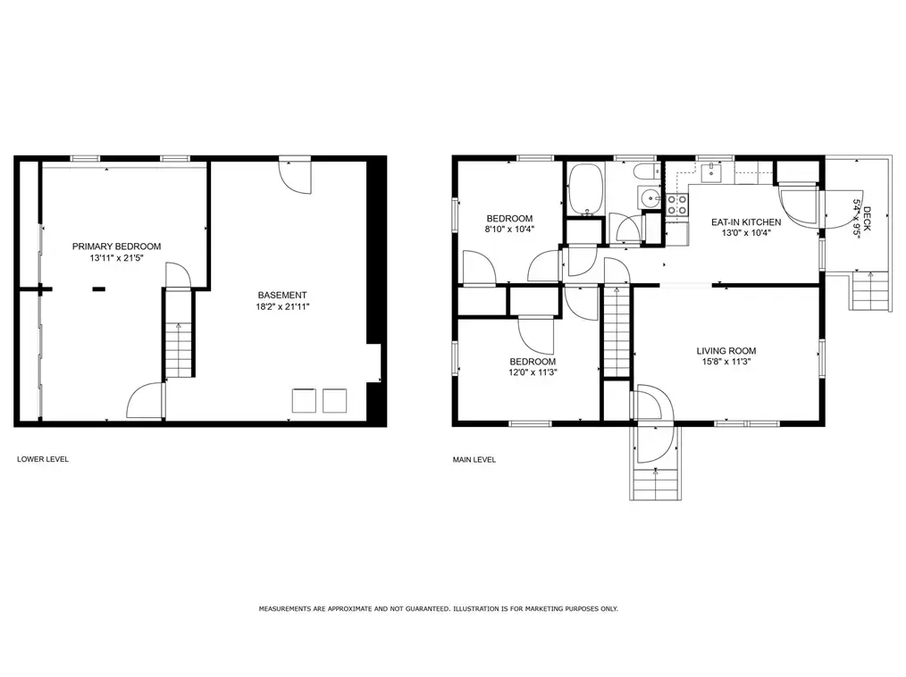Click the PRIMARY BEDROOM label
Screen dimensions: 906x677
click(x=117, y=247)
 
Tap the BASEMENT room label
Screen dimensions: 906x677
click(x=282, y=295)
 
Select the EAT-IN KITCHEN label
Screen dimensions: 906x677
click(x=746, y=222)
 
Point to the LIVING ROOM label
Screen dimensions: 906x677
click(x=726, y=351)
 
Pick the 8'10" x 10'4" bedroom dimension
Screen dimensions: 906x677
click(x=509, y=229)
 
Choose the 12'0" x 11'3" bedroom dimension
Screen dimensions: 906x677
click(x=533, y=372)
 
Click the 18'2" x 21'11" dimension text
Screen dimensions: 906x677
click(x=282, y=306)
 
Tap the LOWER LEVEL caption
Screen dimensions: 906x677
click(x=43, y=459)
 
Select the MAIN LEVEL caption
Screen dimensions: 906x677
click(x=474, y=460)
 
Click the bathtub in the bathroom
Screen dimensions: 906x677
click(x=586, y=188)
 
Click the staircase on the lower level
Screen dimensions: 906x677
click(x=179, y=350)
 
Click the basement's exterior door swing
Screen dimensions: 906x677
click(x=295, y=176)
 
